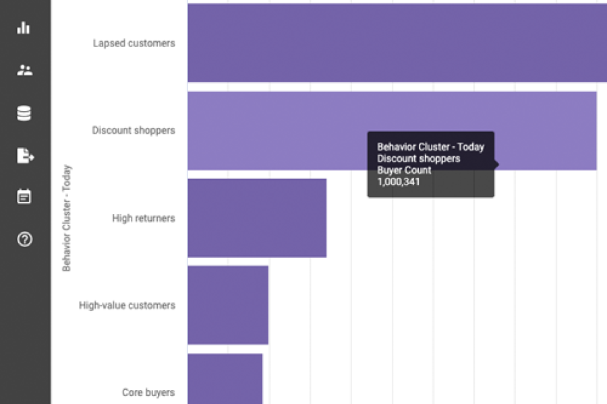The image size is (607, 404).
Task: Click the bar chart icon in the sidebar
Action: tap(24, 28)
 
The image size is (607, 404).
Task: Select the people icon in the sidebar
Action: tap(24, 70)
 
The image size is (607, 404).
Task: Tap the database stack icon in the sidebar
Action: tap(24, 113)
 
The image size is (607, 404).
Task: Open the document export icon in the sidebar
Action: tap(24, 156)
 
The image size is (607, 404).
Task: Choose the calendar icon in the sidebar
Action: tap(24, 197)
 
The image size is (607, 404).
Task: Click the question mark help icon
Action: tap(24, 239)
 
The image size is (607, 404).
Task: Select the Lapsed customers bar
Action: tap(397, 43)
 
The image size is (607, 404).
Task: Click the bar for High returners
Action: tap(257, 217)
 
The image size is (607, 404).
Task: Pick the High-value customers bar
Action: tap(228, 305)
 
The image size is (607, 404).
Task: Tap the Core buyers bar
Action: tap(225, 378)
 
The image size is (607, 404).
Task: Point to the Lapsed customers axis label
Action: tap(134, 43)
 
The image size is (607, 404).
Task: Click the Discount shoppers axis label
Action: tap(134, 131)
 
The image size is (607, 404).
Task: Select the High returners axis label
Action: tap(144, 218)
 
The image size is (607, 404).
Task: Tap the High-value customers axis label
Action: tap(127, 305)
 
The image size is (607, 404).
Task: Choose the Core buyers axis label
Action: tap(148, 393)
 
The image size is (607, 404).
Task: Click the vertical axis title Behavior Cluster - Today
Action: tap(67, 218)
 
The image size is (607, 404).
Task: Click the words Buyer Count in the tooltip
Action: tap(404, 170)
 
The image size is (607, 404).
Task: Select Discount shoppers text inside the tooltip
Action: tap(418, 158)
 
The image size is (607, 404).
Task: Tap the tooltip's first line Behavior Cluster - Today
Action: tap(430, 147)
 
